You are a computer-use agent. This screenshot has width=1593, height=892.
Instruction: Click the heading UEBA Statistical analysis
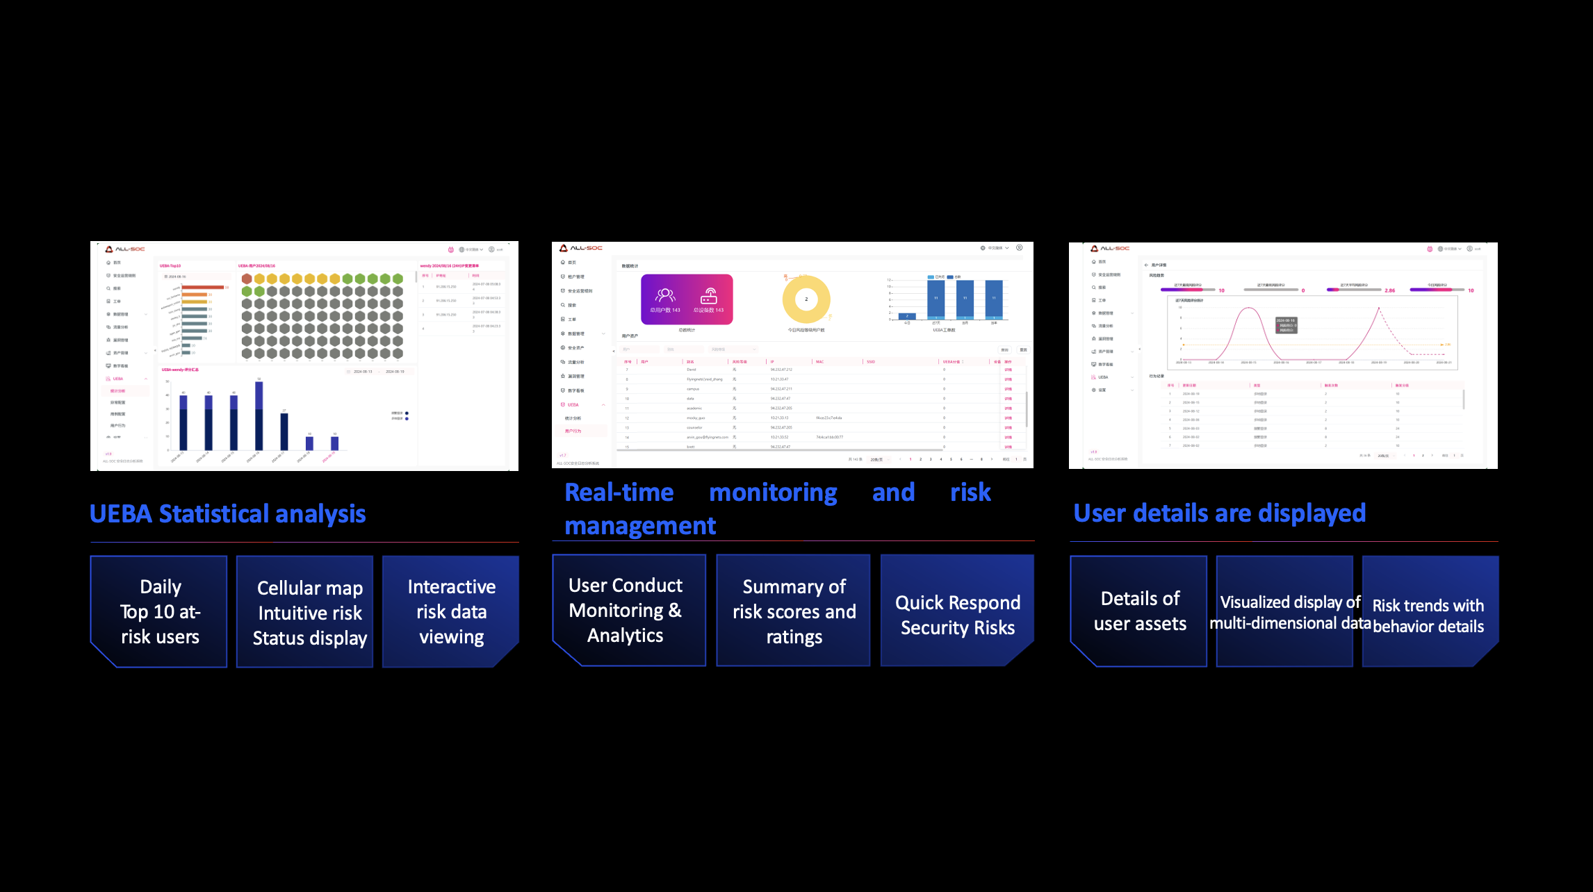click(227, 514)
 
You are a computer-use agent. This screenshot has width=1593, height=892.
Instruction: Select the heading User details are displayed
click(1219, 513)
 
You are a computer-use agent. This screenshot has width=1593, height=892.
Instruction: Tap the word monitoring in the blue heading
click(773, 493)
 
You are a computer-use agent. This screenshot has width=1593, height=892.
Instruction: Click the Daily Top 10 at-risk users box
click(159, 611)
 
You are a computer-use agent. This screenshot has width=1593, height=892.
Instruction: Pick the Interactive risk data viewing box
click(451, 611)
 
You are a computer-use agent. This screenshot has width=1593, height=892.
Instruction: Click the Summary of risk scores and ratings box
click(793, 610)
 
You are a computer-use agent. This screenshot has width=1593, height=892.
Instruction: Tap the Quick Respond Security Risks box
click(957, 610)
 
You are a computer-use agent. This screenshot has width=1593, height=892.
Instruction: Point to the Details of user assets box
click(1139, 611)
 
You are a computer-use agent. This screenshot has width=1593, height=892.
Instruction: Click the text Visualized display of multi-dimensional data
click(1290, 613)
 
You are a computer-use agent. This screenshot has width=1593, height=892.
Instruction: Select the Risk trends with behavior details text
click(1428, 616)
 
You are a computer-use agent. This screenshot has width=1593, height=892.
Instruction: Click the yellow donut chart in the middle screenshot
click(806, 299)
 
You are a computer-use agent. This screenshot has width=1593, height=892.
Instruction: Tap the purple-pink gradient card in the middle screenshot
click(687, 299)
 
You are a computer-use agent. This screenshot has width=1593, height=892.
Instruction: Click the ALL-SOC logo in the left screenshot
click(125, 249)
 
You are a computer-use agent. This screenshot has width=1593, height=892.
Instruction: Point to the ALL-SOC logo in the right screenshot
click(1110, 248)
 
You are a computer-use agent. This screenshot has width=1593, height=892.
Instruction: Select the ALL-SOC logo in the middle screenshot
click(581, 248)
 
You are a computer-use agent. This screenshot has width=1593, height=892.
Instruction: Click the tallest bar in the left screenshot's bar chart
click(259, 415)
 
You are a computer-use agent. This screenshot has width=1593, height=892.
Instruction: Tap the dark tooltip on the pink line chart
click(1286, 325)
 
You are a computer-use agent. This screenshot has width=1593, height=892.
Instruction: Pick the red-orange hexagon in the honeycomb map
click(247, 279)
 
